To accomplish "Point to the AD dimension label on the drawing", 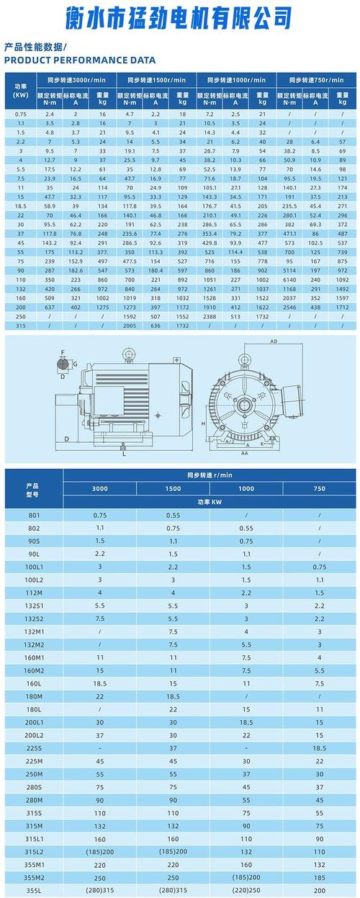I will point(274,341).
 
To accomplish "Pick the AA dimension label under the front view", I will point(245,454).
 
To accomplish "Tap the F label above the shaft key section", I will point(63,352).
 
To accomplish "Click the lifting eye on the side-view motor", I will point(130,354).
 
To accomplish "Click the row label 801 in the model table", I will point(34,516).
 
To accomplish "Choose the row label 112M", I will point(34,592).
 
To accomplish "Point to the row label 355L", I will point(34,891).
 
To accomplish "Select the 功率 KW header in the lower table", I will point(210,502).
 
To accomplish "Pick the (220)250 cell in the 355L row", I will point(246,891).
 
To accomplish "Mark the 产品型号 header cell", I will point(34,489).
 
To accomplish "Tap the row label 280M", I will point(34,800).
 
